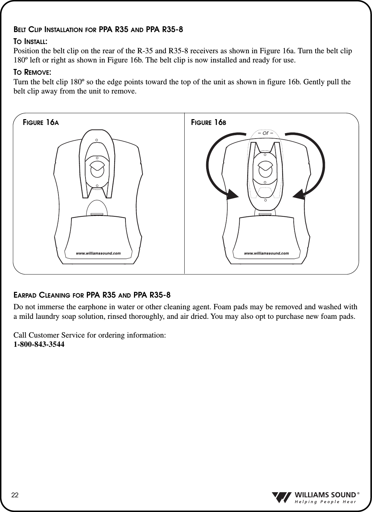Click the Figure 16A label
[41, 123]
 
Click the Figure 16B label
[209, 123]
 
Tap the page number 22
[15, 495]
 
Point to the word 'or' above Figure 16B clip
[266, 133]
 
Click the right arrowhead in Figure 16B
[299, 194]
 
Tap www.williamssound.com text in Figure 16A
[98, 254]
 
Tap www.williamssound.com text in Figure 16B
[266, 254]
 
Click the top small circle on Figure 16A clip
[97, 140]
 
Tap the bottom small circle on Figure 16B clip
[265, 200]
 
